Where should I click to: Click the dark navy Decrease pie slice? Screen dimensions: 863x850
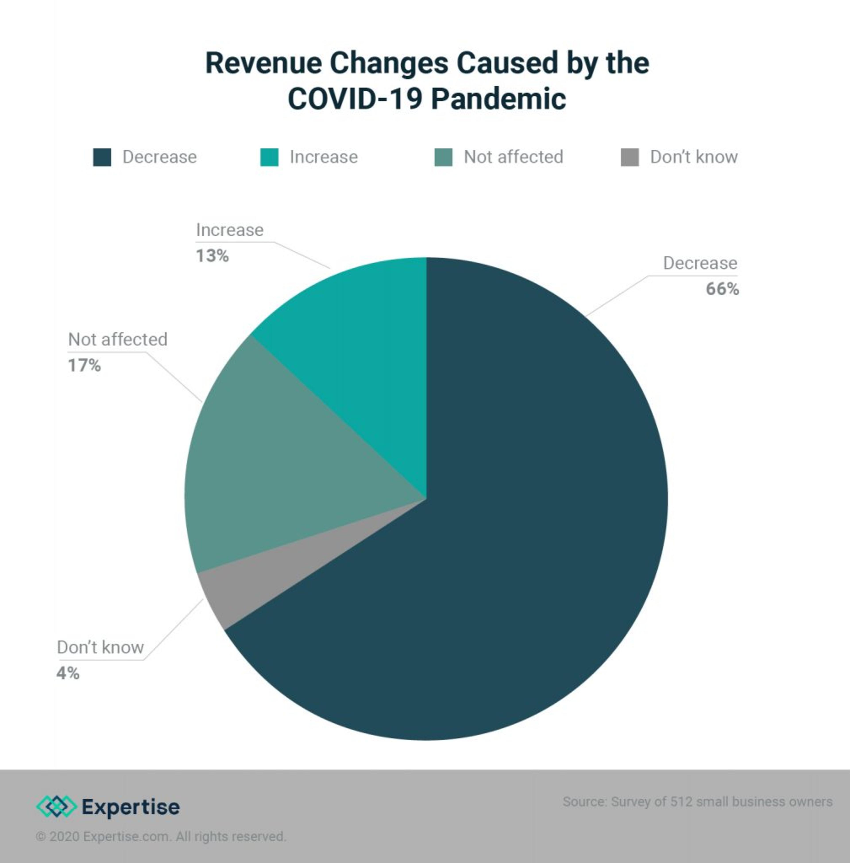pyautogui.click(x=513, y=558)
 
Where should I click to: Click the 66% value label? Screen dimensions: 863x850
pyautogui.click(x=722, y=289)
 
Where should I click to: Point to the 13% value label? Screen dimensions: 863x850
pyautogui.click(x=212, y=256)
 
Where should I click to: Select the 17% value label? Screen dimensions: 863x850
pyautogui.click(x=84, y=365)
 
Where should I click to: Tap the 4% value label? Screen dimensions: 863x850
pyautogui.click(x=68, y=673)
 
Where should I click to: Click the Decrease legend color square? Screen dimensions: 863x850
pyautogui.click(x=102, y=157)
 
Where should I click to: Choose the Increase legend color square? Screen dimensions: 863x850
pyautogui.click(x=269, y=157)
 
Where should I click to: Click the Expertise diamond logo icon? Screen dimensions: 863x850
pyautogui.click(x=56, y=806)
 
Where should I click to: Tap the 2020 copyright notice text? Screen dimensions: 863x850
pyautogui.click(x=161, y=836)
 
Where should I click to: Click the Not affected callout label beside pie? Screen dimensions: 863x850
pyautogui.click(x=117, y=339)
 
